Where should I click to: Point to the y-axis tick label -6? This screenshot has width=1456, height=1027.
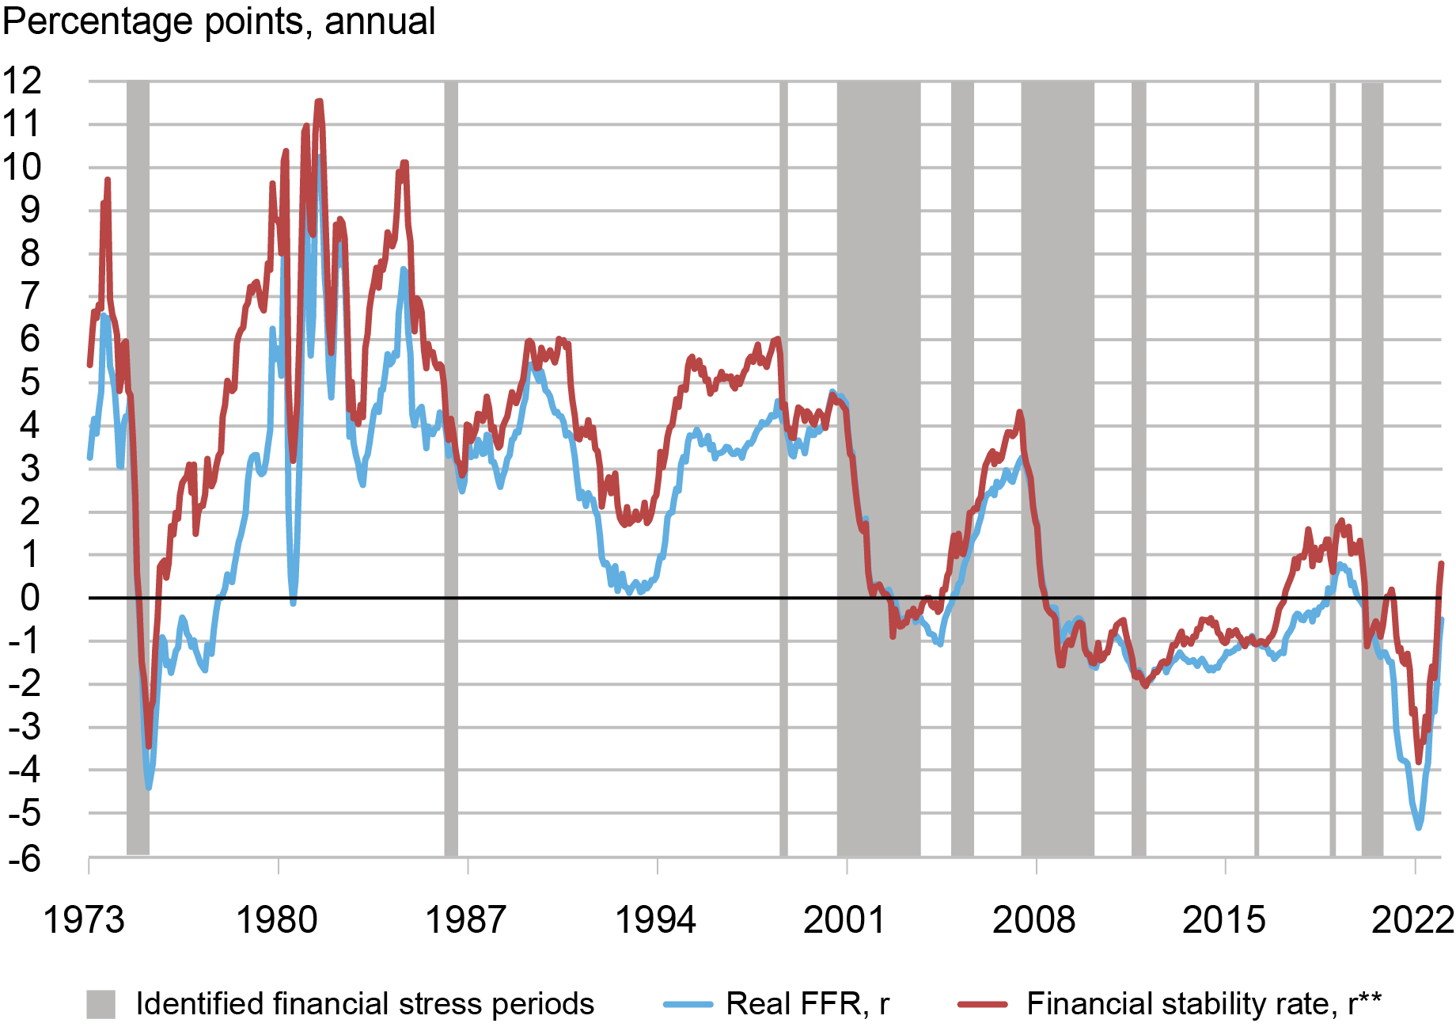coord(25,858)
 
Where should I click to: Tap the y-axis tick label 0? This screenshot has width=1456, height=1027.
coord(30,599)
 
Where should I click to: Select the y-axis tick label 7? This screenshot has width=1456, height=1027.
coord(30,297)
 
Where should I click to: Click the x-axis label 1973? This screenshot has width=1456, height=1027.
coord(84,920)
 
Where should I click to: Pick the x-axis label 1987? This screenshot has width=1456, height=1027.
coord(466,920)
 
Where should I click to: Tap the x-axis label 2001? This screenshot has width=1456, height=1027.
coord(844,920)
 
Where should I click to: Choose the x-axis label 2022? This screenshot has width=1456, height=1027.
coord(1412,920)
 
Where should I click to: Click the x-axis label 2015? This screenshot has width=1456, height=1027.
coord(1223,920)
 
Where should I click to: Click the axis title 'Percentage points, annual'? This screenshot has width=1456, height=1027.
coord(219,21)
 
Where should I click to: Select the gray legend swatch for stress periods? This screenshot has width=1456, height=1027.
coord(100,1004)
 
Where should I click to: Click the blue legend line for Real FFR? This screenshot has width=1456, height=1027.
coord(688,1004)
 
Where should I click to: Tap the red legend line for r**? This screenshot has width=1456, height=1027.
coord(982,1004)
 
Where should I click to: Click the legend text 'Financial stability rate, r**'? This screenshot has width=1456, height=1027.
coord(1204,1004)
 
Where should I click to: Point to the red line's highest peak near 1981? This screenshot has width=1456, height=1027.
coord(319,101)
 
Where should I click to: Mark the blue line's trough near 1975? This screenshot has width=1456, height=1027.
coord(149,787)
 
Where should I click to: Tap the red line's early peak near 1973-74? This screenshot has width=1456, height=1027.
coord(107,181)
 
